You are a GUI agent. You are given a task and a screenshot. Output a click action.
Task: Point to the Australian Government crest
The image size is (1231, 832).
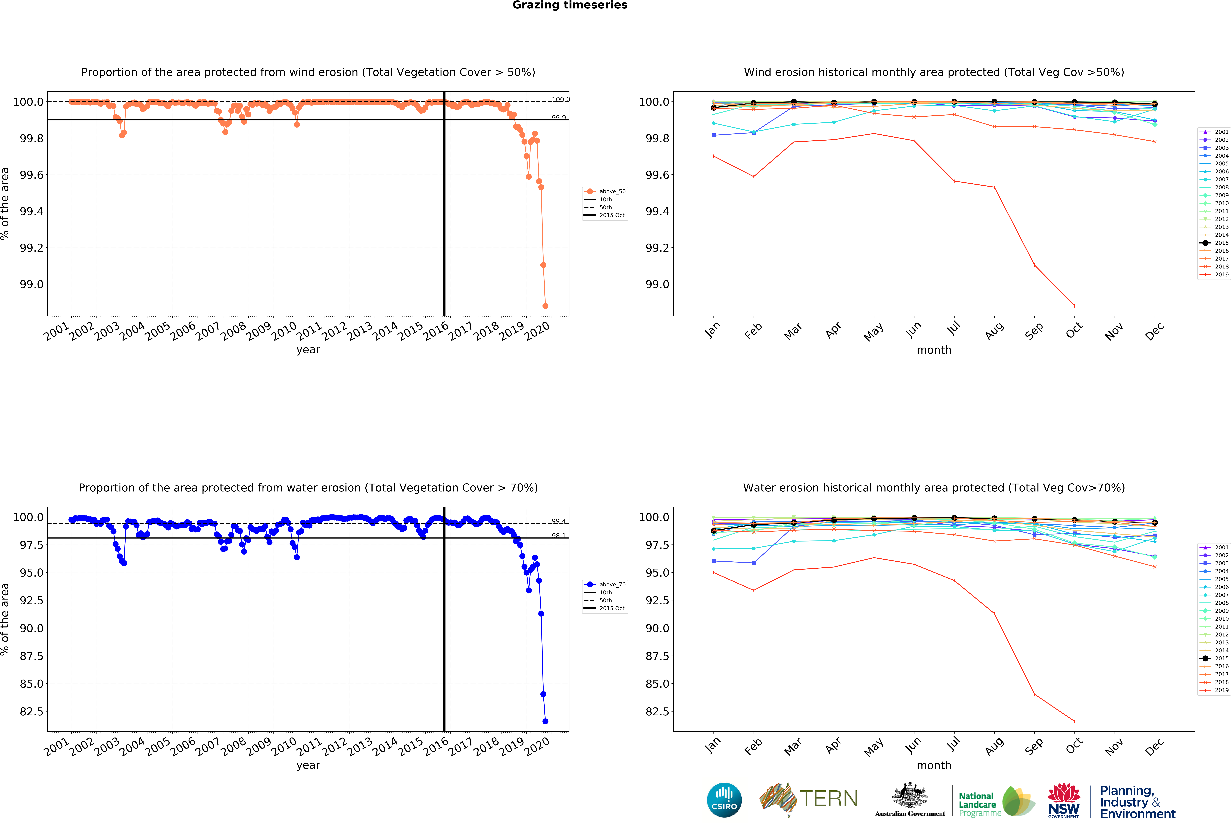click(909, 795)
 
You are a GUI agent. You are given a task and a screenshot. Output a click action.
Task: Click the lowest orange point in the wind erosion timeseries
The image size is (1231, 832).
click(545, 306)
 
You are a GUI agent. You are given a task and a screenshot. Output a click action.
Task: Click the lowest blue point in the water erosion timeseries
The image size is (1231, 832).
click(545, 721)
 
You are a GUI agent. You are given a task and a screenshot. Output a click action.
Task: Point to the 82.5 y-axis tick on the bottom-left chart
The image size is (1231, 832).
click(32, 711)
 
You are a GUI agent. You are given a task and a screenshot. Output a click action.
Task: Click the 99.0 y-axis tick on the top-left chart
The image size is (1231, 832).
click(32, 284)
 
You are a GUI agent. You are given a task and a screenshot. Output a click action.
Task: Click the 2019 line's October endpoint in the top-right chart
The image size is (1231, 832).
click(1074, 306)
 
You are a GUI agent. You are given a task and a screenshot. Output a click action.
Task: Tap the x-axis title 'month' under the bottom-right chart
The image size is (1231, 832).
click(934, 765)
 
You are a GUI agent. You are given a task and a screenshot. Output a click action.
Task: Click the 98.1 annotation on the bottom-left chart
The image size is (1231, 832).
click(558, 536)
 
